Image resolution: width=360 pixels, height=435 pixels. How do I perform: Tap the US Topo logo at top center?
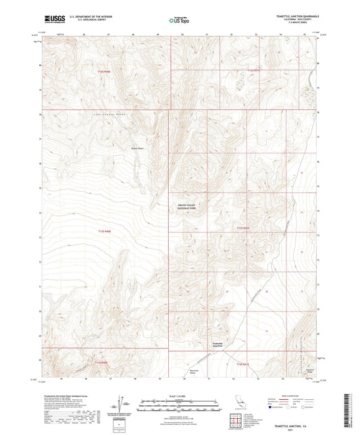pos(178,20)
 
